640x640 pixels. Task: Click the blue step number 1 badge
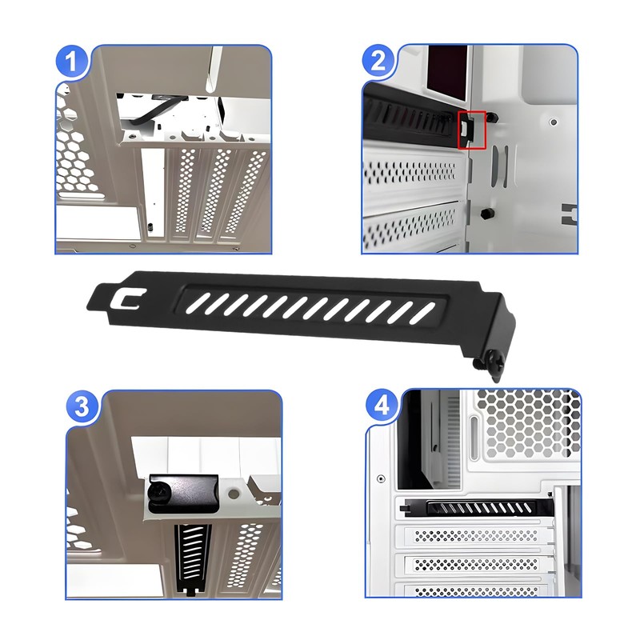[x=71, y=61]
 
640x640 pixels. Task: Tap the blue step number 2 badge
[x=378, y=61]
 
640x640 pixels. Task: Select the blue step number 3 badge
[x=82, y=406]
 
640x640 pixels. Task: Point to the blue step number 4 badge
[x=382, y=406]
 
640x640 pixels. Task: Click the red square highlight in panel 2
[x=471, y=130]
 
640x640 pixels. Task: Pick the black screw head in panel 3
[x=160, y=494]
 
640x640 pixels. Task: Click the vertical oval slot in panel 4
[x=474, y=438]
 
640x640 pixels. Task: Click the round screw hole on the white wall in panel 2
[x=554, y=122]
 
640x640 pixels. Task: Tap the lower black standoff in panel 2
[x=486, y=213]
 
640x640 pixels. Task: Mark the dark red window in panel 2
[x=447, y=73]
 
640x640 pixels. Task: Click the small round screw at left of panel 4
[x=381, y=478]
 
